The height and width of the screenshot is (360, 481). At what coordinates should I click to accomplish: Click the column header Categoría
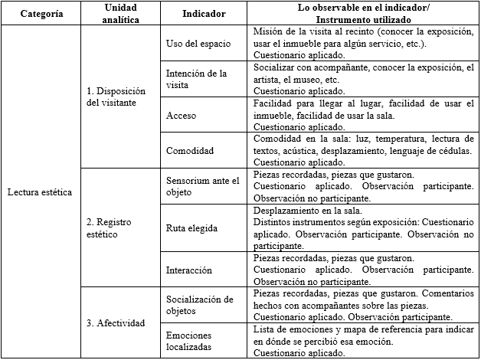(x=41, y=14)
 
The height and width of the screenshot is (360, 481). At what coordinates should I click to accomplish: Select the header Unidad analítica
(x=121, y=14)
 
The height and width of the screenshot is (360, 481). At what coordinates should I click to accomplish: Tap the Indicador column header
(x=204, y=14)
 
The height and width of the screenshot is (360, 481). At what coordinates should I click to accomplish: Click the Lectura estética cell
(x=41, y=191)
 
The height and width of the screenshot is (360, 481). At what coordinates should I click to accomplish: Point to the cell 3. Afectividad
(x=116, y=322)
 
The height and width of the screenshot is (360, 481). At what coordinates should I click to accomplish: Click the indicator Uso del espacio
(x=198, y=43)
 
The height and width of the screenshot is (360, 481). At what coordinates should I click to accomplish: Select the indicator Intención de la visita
(x=197, y=79)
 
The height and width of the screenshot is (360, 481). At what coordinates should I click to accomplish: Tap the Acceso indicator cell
(x=182, y=115)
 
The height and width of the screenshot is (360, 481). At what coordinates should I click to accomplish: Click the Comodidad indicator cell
(x=190, y=151)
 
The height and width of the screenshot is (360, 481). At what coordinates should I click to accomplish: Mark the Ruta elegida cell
(x=191, y=227)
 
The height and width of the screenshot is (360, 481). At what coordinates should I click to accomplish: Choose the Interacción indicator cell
(x=191, y=269)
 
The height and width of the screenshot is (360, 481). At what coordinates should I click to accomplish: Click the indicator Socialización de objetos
(x=199, y=305)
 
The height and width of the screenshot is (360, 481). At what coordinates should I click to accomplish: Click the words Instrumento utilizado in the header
(x=364, y=19)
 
